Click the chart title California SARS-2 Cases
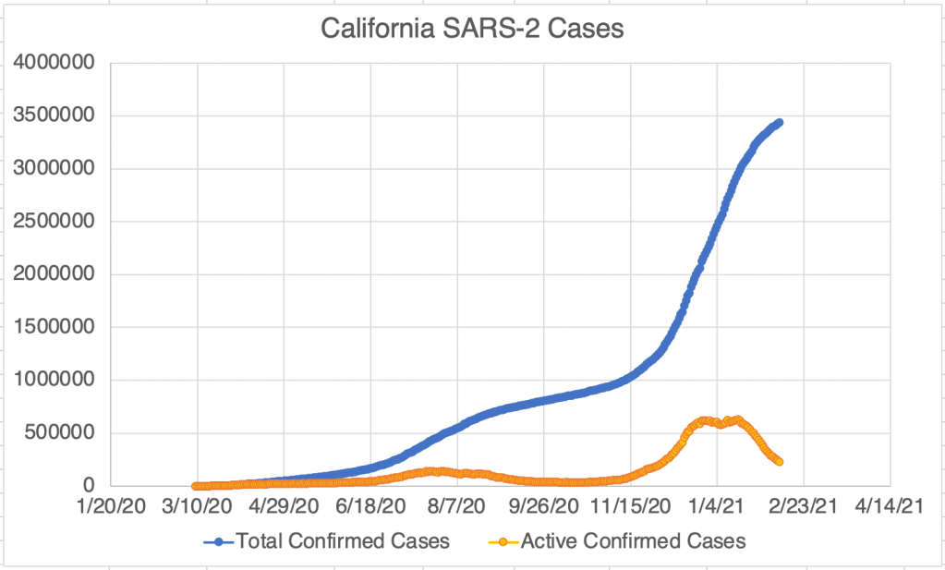[472, 29]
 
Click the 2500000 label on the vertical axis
[55, 222]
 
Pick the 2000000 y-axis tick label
[55, 274]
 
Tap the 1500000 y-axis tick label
[55, 327]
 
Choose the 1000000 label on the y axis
[55, 380]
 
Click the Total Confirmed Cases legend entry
[343, 541]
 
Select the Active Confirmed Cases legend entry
[633, 541]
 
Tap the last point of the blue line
[780, 122]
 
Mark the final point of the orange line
[780, 461]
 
